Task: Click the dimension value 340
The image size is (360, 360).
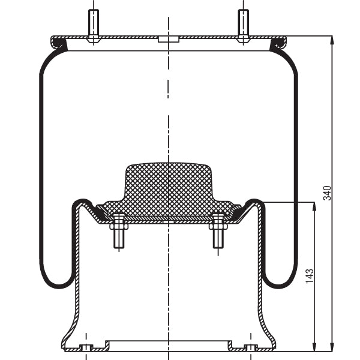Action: (x=327, y=193)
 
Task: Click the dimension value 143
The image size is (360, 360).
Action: (x=310, y=276)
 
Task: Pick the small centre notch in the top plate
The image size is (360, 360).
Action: (x=169, y=40)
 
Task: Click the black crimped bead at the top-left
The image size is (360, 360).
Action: (x=59, y=43)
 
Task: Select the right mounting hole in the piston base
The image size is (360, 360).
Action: (x=251, y=347)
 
